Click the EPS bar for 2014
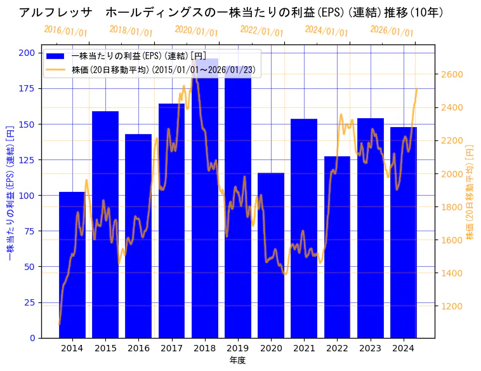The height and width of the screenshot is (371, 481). point(72,264)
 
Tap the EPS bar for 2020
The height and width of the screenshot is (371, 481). point(271,255)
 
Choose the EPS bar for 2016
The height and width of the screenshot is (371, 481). point(138,236)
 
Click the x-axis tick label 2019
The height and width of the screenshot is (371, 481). point(238,347)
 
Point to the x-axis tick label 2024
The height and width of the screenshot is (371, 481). point(404,347)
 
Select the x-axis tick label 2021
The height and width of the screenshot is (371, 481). point(304,347)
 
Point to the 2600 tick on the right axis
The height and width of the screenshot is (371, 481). point(452,74)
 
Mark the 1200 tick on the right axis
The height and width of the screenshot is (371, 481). point(452,306)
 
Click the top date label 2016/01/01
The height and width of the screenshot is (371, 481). point(66,31)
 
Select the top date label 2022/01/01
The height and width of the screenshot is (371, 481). point(261,31)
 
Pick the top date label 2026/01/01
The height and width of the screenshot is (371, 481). point(392,31)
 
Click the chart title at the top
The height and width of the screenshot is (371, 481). point(231,13)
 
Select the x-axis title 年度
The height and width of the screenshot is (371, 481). point(238,360)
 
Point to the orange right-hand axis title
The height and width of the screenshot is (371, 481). point(470,191)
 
